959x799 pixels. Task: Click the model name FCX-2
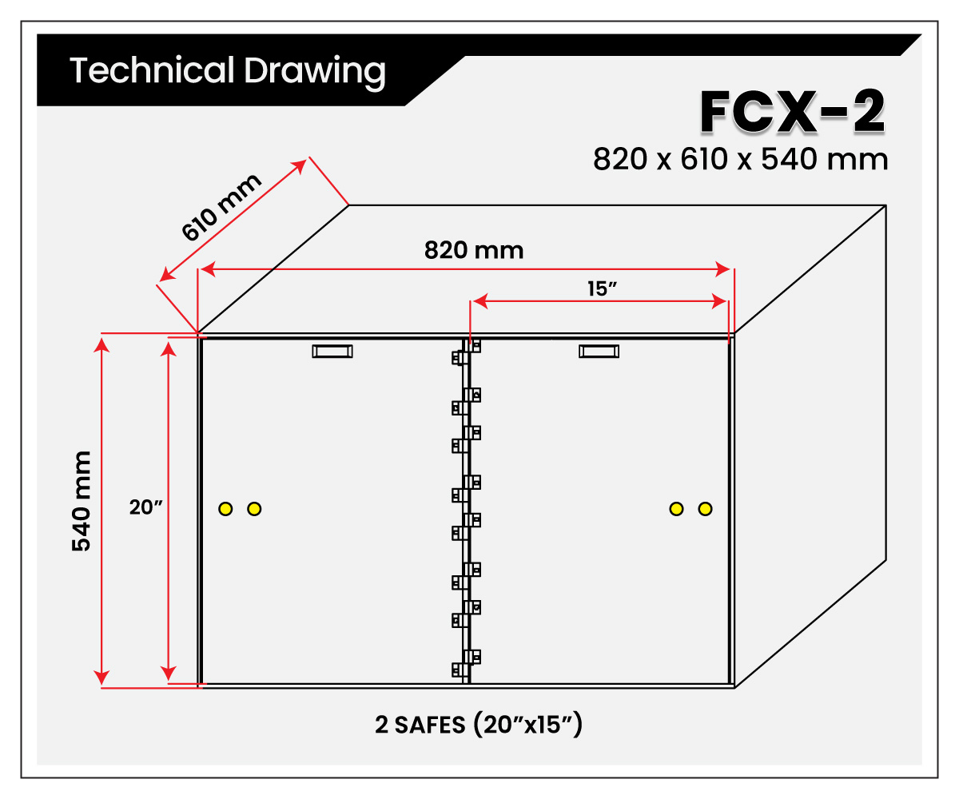point(792,112)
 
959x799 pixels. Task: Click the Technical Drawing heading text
point(227,71)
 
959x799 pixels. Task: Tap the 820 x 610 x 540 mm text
point(740,159)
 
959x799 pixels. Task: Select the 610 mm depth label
point(221,207)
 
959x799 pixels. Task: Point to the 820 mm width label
point(474,250)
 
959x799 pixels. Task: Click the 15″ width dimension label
point(602,288)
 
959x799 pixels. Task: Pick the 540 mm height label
point(82,501)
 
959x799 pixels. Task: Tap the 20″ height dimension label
point(145,507)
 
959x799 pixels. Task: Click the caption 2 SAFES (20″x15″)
point(478,725)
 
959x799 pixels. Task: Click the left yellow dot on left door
point(225,509)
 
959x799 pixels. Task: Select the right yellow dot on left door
point(254,509)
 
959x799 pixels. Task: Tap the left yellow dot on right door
point(676,509)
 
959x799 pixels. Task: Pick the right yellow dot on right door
point(705,509)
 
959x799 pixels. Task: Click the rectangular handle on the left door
point(332,352)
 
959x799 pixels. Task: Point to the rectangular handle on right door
point(599,352)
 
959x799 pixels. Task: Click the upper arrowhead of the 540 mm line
point(101,344)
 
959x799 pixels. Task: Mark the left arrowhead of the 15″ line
point(480,302)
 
